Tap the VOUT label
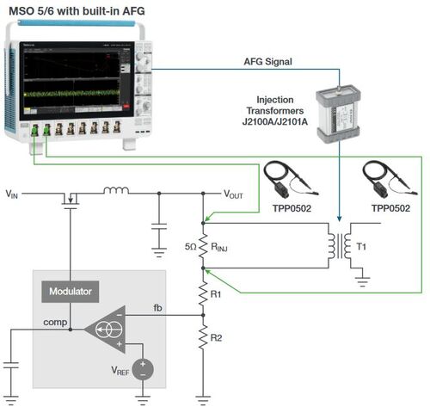click(x=234, y=195)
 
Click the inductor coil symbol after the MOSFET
click(x=116, y=190)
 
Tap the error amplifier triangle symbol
click(x=107, y=328)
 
